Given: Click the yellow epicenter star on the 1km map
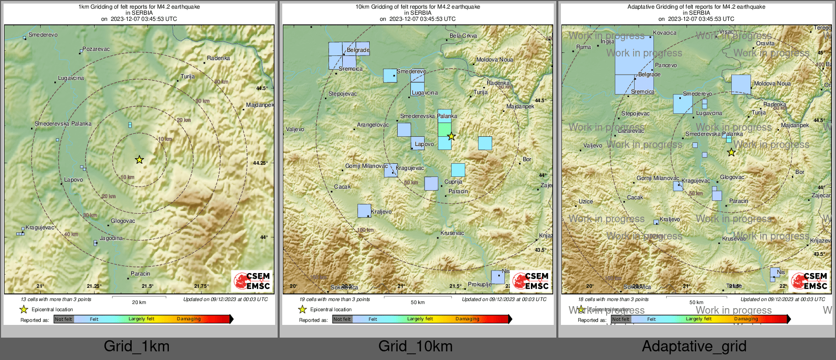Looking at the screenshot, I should (139, 160).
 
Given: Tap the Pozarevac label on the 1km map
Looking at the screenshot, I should (96, 49).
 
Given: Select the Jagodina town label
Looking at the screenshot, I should (111, 238).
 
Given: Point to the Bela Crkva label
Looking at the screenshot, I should (463, 36).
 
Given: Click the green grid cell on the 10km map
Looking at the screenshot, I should (444, 129).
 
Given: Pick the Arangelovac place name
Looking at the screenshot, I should (373, 125).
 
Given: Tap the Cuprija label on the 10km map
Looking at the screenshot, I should (453, 182).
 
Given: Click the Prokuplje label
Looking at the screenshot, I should (480, 285).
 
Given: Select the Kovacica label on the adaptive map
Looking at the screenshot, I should (665, 33).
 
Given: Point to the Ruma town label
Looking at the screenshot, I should (584, 47).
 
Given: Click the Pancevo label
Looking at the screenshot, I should (666, 66).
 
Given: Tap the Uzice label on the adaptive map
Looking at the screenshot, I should (586, 202).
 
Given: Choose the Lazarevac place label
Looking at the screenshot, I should (631, 131).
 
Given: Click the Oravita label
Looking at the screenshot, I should (765, 44).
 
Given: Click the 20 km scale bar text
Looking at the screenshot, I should (139, 303).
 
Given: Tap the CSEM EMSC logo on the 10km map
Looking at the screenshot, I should (531, 281).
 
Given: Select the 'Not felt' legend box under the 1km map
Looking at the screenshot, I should (64, 319).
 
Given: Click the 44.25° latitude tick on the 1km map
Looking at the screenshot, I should (260, 163).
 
